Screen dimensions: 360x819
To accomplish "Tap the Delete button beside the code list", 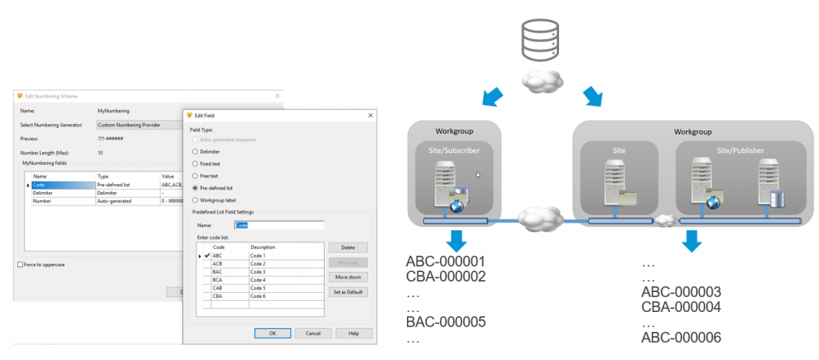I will [347, 248].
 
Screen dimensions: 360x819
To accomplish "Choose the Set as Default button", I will [347, 292].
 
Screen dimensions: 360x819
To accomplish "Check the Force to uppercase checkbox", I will [20, 265].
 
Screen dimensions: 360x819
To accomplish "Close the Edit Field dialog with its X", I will [370, 115].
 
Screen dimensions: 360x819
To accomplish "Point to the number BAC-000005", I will [445, 322].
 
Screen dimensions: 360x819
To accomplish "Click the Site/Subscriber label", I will [454, 150].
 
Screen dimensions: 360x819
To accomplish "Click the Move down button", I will [347, 277].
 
